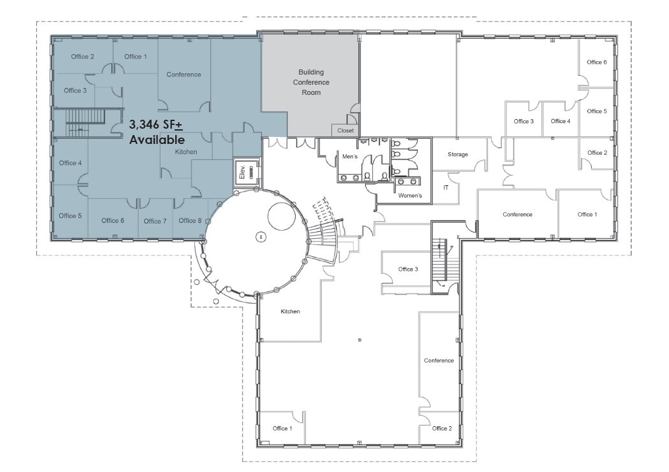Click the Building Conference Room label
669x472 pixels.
311,82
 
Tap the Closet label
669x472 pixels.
345,131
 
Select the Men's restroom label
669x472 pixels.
350,157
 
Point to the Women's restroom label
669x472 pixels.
410,196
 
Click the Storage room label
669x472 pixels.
457,155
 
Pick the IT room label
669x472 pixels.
446,188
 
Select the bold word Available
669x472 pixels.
157,139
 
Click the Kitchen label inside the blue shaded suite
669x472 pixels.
187,152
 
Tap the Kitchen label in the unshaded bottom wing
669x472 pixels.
290,311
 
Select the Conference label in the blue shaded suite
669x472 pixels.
183,75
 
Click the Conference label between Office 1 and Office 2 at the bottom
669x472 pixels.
439,361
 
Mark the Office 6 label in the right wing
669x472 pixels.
597,62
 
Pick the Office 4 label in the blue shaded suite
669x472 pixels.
70,163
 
